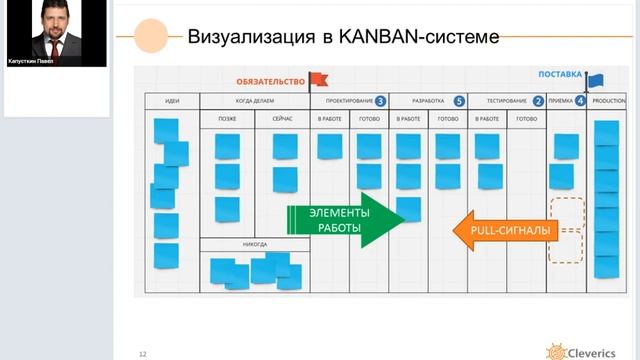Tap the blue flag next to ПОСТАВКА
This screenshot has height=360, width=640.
tap(594, 81)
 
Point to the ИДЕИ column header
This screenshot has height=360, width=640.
tap(172, 101)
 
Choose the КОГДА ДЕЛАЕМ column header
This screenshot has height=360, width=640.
tap(255, 101)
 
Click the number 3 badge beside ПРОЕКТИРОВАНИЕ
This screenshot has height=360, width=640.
tap(381, 101)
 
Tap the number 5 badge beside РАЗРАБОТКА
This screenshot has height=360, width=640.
tap(458, 101)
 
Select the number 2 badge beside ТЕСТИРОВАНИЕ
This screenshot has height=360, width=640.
tap(538, 101)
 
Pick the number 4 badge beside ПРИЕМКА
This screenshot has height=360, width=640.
tap(580, 101)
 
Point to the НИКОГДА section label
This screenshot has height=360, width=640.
tap(254, 243)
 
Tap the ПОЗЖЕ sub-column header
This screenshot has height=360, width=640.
tap(226, 119)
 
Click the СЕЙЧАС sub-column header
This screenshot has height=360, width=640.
tap(284, 119)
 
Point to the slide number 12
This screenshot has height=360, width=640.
tap(143, 353)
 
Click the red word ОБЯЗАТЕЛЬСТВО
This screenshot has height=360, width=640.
tap(270, 81)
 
